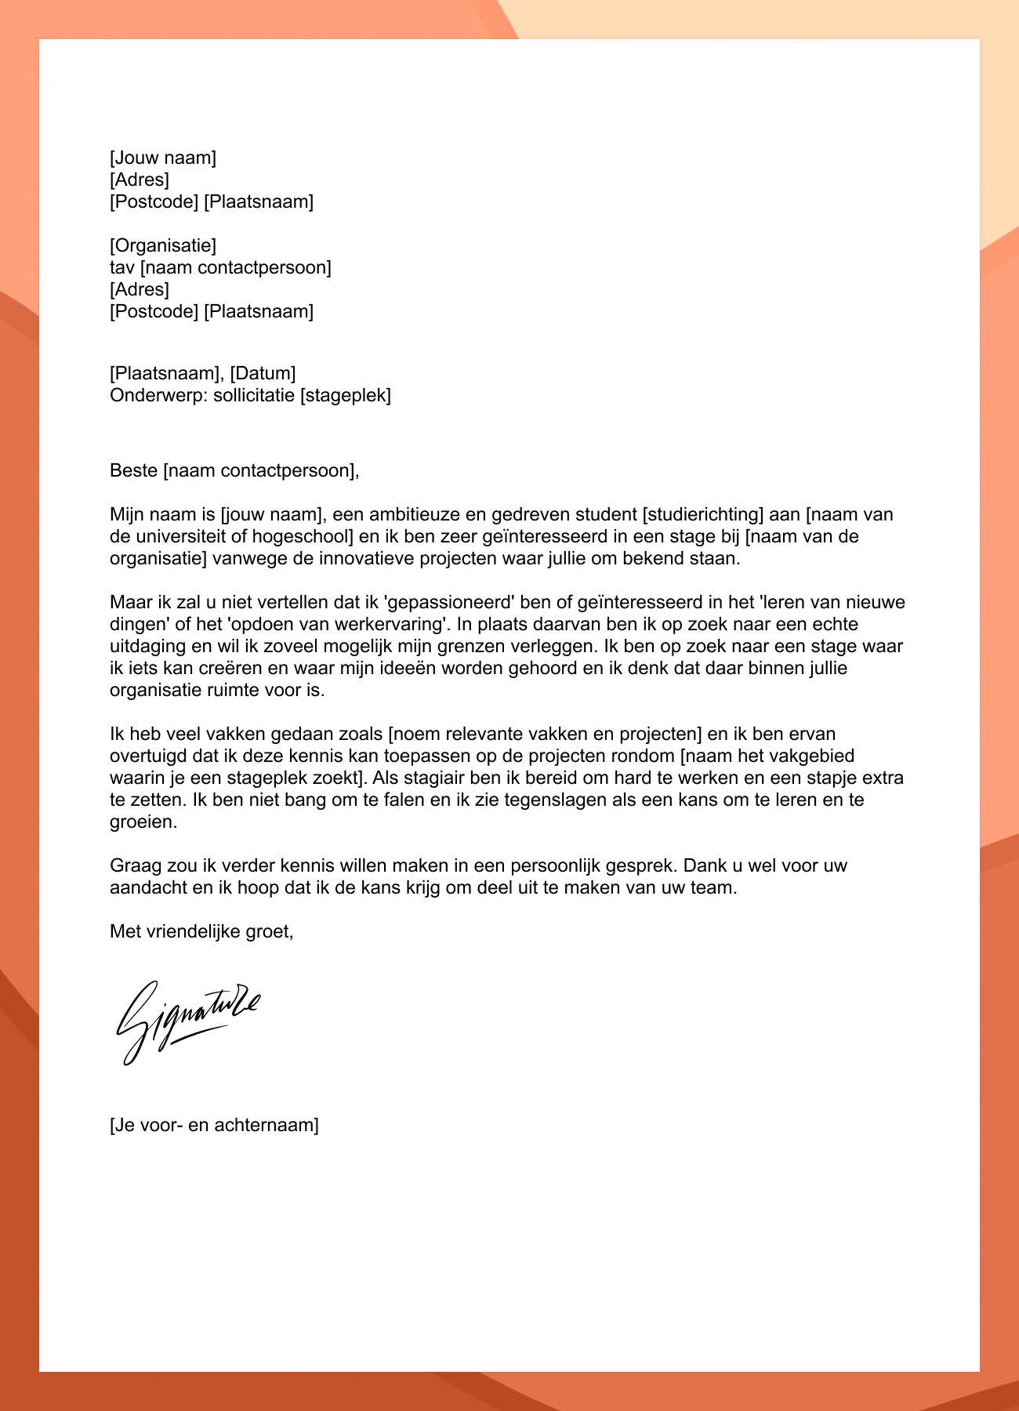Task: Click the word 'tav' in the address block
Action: (x=122, y=268)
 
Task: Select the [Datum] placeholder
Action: (x=263, y=373)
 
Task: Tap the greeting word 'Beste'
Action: (x=134, y=471)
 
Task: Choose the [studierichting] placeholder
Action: (x=702, y=515)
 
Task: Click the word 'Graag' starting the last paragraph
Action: (x=135, y=866)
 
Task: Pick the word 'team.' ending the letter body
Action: (x=716, y=888)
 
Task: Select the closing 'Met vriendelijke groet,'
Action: (x=201, y=932)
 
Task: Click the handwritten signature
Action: (x=187, y=1019)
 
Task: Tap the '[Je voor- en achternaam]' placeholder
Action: (x=214, y=1126)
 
